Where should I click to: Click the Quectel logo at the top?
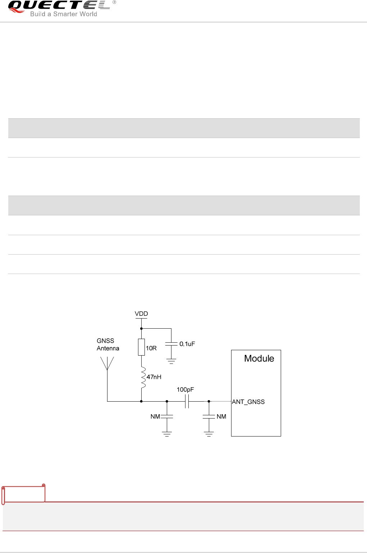pyautogui.click(x=59, y=6)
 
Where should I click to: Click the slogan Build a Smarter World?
pyautogui.click(x=64, y=14)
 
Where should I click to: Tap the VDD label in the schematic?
pyautogui.click(x=141, y=314)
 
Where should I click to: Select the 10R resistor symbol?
pyautogui.click(x=141, y=347)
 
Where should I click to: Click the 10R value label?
pyautogui.click(x=151, y=348)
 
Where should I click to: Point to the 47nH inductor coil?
pyautogui.click(x=143, y=378)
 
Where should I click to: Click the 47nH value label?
pyautogui.click(x=154, y=377)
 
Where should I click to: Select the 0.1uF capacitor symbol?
pyautogui.click(x=171, y=344)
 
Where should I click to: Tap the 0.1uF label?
pyautogui.click(x=187, y=344)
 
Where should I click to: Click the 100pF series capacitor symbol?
pyautogui.click(x=187, y=401)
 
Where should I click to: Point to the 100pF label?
pyautogui.click(x=185, y=390)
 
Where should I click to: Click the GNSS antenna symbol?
pyautogui.click(x=107, y=363)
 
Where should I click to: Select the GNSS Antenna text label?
pyautogui.click(x=107, y=344)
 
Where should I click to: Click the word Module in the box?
pyautogui.click(x=259, y=358)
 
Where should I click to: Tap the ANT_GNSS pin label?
pyautogui.click(x=248, y=402)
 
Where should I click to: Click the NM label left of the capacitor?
pyautogui.click(x=155, y=416)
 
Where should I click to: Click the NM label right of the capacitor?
pyautogui.click(x=221, y=416)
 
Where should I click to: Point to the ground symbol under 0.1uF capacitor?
pyautogui.click(x=171, y=361)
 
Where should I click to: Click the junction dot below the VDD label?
pyautogui.click(x=141, y=329)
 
